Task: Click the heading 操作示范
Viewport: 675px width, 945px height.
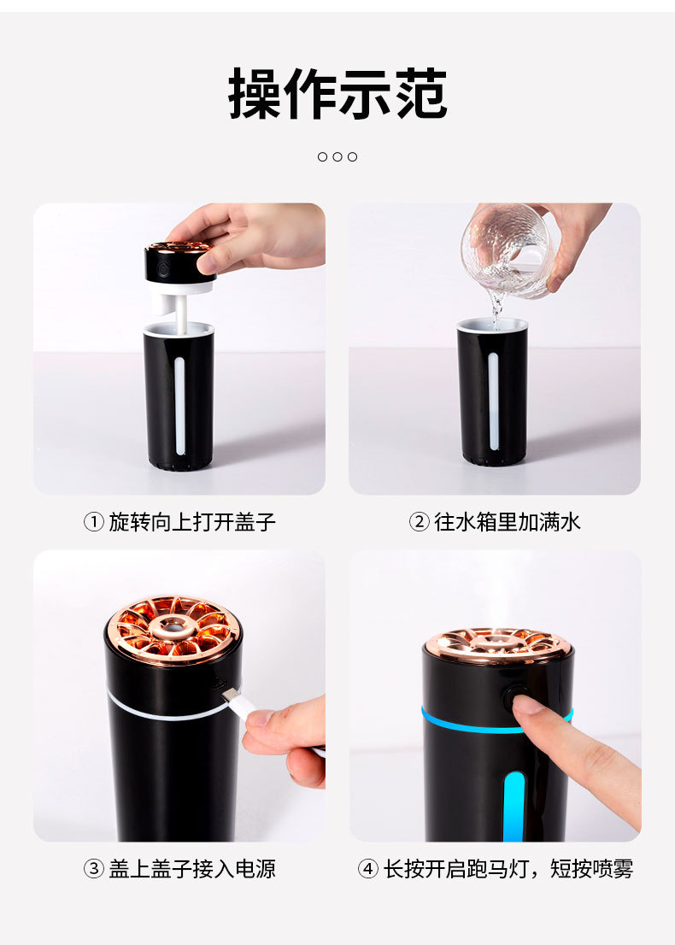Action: point(337,94)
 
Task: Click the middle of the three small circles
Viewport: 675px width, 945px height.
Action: point(337,156)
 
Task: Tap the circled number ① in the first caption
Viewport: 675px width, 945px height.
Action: point(93,522)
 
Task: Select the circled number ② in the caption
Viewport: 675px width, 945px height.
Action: point(419,522)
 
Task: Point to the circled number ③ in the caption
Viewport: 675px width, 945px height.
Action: point(93,869)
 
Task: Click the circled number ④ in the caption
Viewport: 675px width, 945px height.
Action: point(367,869)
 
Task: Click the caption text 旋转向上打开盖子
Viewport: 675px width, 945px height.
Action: point(192,522)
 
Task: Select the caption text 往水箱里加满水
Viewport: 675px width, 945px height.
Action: point(508,522)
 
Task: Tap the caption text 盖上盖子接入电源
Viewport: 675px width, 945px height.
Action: point(192,869)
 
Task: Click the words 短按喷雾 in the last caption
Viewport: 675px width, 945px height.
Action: point(592,869)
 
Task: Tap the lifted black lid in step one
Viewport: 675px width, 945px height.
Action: point(180,262)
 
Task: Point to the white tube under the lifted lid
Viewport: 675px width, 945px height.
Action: point(180,312)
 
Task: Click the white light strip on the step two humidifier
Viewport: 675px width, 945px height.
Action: point(494,402)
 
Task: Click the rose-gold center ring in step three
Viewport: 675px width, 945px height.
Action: point(173,627)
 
